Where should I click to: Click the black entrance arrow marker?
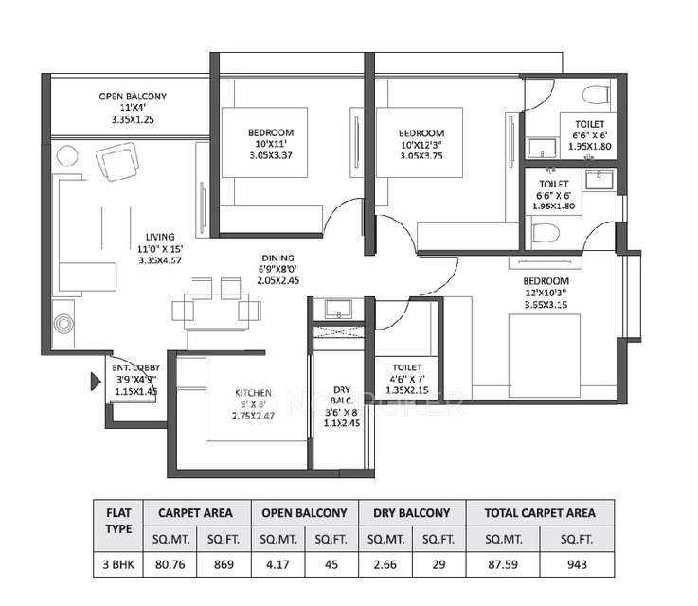95,383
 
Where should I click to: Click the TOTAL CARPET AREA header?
540,512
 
